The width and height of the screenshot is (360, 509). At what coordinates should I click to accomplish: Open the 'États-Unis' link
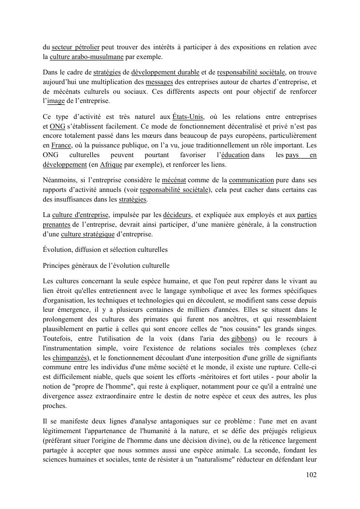click(x=187, y=117)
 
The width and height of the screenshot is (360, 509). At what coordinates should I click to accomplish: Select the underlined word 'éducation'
click(x=235, y=155)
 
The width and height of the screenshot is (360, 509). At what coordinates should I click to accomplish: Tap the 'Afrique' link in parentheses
click(x=111, y=164)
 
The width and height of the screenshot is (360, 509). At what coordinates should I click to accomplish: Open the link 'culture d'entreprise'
click(x=81, y=215)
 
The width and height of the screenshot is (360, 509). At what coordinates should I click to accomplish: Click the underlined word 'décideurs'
click(x=177, y=215)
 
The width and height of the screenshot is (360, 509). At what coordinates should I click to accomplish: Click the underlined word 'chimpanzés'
click(x=72, y=357)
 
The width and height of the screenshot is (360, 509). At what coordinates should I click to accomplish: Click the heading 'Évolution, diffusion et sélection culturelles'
click(x=105, y=250)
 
